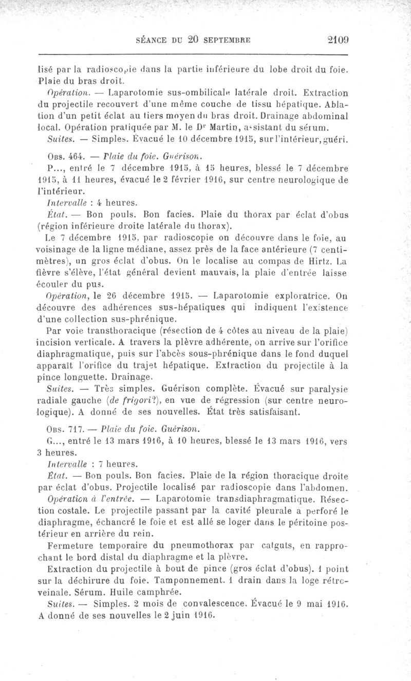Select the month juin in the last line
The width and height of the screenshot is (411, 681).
pos(146,614)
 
